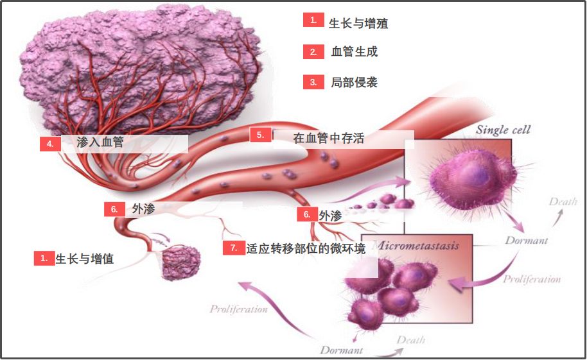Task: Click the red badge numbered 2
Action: click(x=313, y=52)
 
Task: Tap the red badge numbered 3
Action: click(x=313, y=82)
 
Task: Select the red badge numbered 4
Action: click(x=50, y=144)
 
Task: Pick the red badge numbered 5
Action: click(x=260, y=135)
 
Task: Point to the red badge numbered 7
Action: click(x=234, y=248)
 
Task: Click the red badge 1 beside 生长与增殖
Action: click(x=313, y=20)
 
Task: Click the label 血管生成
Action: click(x=354, y=52)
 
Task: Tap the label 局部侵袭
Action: click(x=354, y=82)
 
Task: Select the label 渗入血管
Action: click(x=100, y=142)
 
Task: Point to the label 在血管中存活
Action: click(x=328, y=138)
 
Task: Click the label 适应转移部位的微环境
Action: click(x=306, y=249)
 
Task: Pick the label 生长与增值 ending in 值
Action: click(x=85, y=259)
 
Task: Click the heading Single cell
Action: click(x=503, y=130)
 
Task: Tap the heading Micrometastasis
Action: click(x=416, y=245)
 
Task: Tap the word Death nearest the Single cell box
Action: click(x=563, y=201)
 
